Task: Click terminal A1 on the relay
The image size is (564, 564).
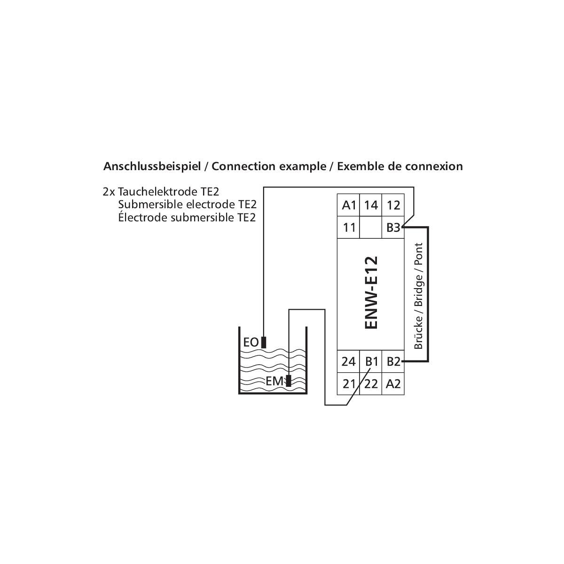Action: point(349,205)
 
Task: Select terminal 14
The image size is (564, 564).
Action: point(371,205)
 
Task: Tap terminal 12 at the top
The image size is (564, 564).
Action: point(393,205)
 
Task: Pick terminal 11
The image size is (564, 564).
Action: point(349,227)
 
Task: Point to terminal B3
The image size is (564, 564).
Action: point(393,227)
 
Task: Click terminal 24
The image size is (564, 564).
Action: point(349,361)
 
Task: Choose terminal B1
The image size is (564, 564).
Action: point(371,361)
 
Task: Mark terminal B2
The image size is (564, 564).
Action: point(393,361)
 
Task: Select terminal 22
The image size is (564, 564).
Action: point(371,384)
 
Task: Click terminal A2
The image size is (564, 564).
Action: point(393,384)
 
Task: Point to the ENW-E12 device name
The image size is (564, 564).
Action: point(371,292)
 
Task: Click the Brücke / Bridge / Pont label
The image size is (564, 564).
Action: point(418,296)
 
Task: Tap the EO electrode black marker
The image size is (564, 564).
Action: point(264,342)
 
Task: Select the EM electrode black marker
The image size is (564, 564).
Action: point(288,381)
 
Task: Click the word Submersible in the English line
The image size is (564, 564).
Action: point(150,204)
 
